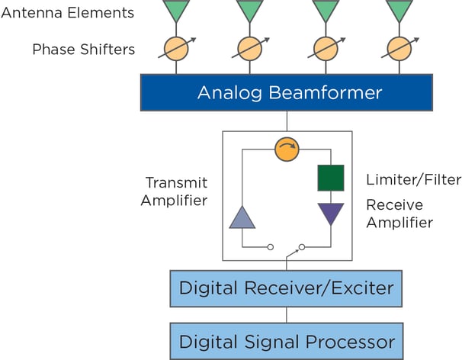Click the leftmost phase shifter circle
point(176,49)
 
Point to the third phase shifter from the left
point(325,49)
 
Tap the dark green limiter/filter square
point(331,178)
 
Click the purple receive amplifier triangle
point(331,212)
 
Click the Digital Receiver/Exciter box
point(287,288)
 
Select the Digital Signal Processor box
point(287,341)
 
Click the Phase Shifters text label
point(83,50)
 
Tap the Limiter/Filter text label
point(413,180)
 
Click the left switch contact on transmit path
point(271,247)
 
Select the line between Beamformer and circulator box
point(287,121)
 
